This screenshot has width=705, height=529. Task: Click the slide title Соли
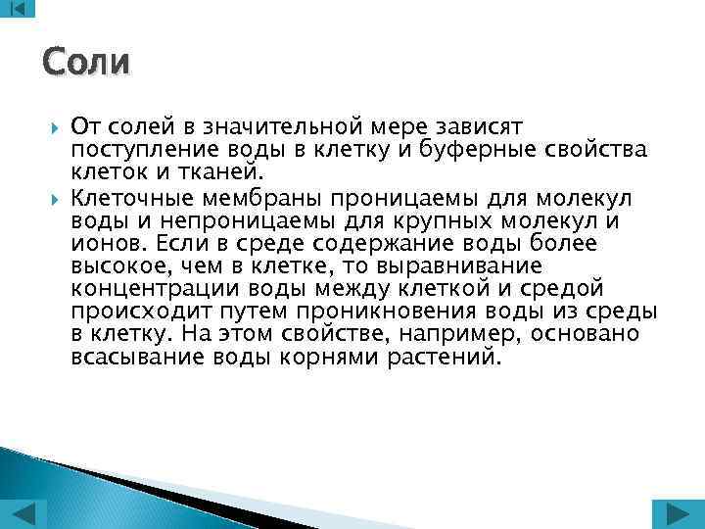pyautogui.click(x=86, y=62)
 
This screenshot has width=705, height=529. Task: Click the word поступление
pyautogui.click(x=132, y=149)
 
